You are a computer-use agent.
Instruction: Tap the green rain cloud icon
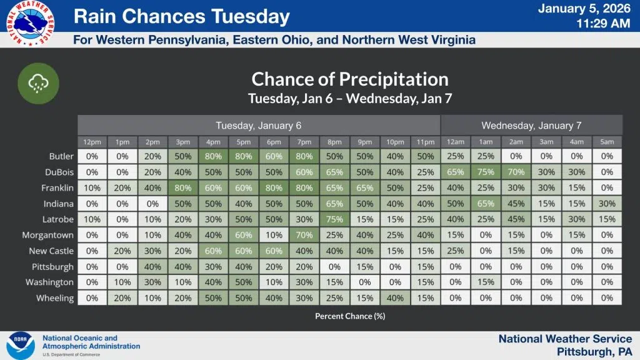39,82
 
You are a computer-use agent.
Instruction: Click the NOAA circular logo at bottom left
20,345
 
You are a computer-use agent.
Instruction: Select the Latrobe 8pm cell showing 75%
335,219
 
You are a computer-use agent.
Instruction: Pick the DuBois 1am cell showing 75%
486,172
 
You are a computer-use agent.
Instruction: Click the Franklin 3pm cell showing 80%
183,187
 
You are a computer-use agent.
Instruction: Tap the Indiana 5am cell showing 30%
607,203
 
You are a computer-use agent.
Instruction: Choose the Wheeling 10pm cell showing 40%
395,298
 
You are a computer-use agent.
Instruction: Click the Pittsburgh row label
53,267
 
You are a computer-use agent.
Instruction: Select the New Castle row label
51,251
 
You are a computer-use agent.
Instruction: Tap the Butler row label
61,156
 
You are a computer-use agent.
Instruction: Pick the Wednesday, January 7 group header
531,125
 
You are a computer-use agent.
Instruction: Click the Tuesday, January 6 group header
259,125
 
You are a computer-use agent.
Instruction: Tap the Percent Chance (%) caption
350,316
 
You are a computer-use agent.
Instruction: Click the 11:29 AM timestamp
602,24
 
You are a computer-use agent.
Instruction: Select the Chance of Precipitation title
350,79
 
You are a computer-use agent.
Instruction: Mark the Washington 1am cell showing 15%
486,282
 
